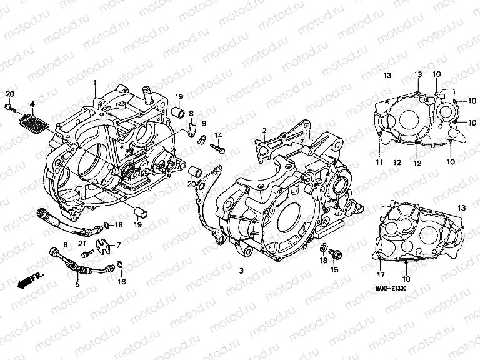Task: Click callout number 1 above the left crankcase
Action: click(x=95, y=84)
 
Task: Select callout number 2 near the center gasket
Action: click(x=265, y=130)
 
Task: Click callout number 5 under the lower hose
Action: click(x=77, y=284)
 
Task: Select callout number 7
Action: click(x=119, y=246)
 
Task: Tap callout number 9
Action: click(x=204, y=123)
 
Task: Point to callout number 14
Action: click(x=219, y=136)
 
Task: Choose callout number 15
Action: click(x=334, y=270)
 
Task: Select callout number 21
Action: click(x=82, y=243)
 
